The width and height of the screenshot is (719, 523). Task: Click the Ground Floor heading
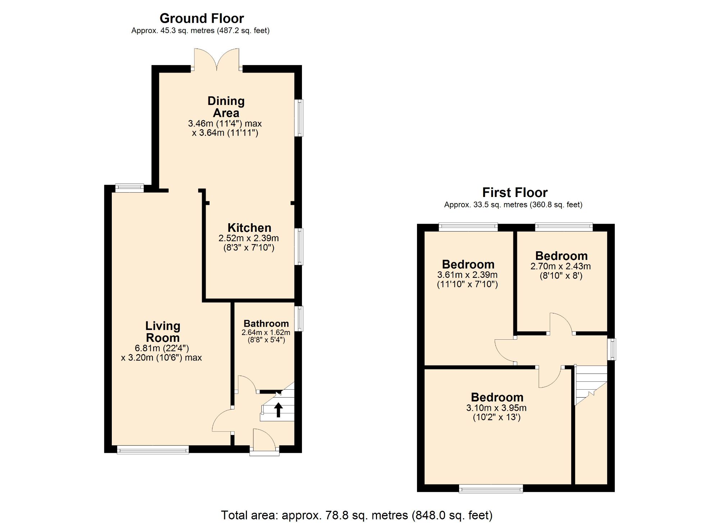[x=202, y=18]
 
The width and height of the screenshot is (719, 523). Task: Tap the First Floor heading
[x=514, y=193]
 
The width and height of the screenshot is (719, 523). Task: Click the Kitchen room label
[x=249, y=228]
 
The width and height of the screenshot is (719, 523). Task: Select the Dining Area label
[x=226, y=107]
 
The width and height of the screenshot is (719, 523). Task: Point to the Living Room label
[x=162, y=332]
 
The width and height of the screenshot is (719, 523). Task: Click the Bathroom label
[x=266, y=324]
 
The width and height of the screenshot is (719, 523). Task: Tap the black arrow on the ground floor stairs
[x=278, y=410]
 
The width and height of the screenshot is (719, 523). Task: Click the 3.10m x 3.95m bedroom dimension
[x=496, y=408]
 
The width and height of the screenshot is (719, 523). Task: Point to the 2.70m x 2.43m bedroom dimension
[x=560, y=266]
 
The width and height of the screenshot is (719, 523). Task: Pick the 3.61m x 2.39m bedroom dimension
[x=467, y=275]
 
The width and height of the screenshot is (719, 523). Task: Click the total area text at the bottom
[x=356, y=515]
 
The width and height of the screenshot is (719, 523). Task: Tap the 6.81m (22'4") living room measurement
[x=162, y=348]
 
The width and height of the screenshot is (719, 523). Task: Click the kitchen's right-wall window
[x=299, y=247]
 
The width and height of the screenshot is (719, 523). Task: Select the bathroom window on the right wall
[x=299, y=318]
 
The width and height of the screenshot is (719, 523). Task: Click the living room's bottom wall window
[x=153, y=450]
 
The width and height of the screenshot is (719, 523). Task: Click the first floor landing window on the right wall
[x=612, y=349]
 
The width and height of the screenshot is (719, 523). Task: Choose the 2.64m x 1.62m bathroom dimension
[x=266, y=332]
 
